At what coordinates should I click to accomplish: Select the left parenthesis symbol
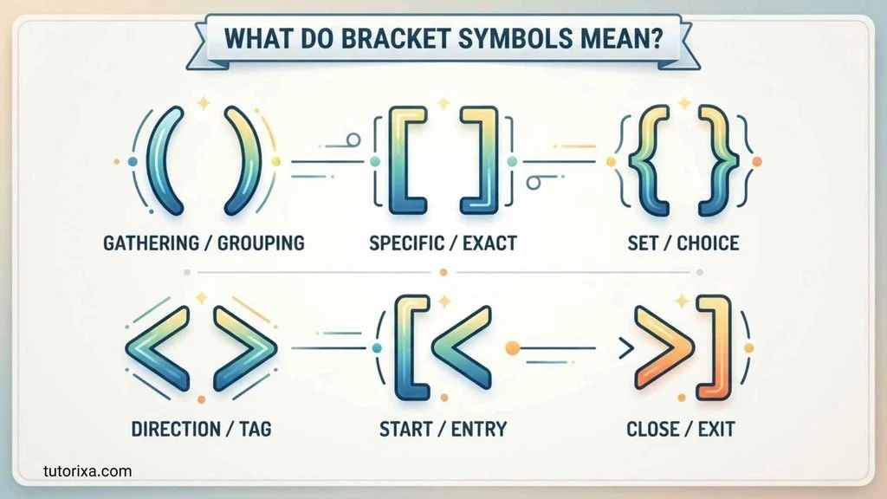point(165,160)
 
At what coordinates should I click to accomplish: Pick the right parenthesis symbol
point(243,160)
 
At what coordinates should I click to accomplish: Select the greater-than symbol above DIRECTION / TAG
point(245,348)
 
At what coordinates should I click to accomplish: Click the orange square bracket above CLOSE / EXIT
point(715,347)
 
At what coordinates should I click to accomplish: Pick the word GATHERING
point(151,243)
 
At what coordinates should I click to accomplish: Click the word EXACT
point(490,243)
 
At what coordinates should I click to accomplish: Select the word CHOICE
point(708,243)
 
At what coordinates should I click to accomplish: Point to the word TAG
point(256,429)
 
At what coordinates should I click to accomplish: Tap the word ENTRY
point(478,429)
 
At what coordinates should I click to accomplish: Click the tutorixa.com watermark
point(87,471)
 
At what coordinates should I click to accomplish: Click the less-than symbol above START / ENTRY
point(461,347)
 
